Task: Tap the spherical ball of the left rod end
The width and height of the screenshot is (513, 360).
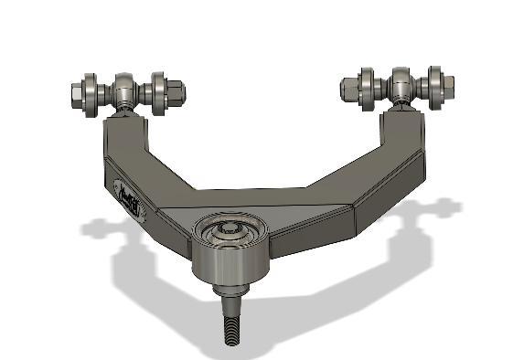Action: coord(125,90)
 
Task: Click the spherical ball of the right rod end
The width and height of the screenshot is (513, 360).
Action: coord(403,85)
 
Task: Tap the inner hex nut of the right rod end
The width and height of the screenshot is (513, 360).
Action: coord(351,89)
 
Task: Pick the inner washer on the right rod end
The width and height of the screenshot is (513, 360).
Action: coord(369,87)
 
